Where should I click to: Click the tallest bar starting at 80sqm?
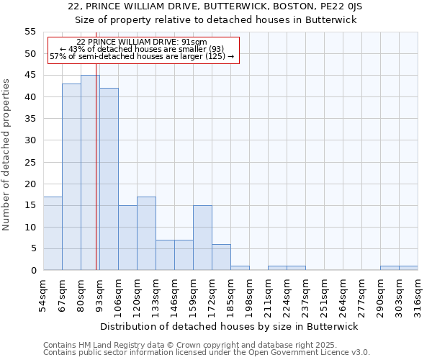[x=90, y=173]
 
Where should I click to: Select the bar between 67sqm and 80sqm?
[x=71, y=177]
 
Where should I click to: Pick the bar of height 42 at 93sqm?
[x=109, y=179]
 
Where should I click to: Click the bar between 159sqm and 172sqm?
[x=202, y=238]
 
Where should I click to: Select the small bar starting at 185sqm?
[x=240, y=268]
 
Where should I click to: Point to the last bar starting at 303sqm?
[x=408, y=268]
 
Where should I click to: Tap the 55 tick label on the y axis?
[x=30, y=32]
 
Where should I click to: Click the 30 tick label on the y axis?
[x=30, y=140]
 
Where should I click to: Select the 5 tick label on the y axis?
[x=32, y=248]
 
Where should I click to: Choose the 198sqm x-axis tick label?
[x=249, y=297]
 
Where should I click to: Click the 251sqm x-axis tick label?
[x=324, y=297]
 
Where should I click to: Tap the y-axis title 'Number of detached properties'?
[x=6, y=154]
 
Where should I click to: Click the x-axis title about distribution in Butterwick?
[x=229, y=326]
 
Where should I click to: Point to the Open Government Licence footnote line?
[x=207, y=352]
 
